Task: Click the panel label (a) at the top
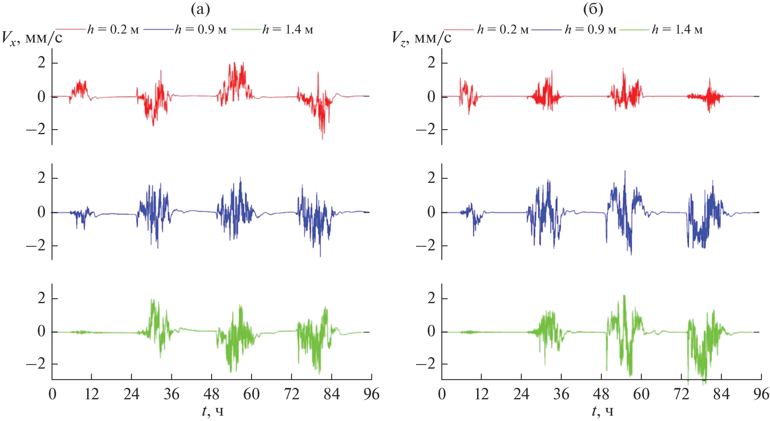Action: coord(200,9)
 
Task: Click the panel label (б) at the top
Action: coord(593,9)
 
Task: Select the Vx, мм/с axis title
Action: coord(32,38)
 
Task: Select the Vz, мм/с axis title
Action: coord(422,38)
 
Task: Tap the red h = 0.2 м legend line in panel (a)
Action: coord(70,29)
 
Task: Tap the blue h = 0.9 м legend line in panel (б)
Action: coord(547,29)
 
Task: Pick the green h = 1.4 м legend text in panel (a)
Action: coord(288,29)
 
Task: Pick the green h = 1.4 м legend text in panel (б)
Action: coord(678,29)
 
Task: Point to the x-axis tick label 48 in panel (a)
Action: coord(211,394)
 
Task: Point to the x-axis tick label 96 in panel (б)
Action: coord(761,394)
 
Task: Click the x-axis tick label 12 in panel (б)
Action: coord(482,394)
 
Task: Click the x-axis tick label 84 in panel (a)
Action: coord(331,394)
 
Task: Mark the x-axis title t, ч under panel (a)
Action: coord(213,411)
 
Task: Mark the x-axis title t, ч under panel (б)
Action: coord(603,411)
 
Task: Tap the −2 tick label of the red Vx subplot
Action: coord(36,130)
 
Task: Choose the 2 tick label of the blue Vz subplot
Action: coord(431,178)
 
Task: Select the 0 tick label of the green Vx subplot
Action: coord(41,331)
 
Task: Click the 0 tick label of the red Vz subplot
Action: coord(431,97)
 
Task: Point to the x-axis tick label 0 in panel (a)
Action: coord(52,394)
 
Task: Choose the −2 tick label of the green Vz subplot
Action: coord(426,364)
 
